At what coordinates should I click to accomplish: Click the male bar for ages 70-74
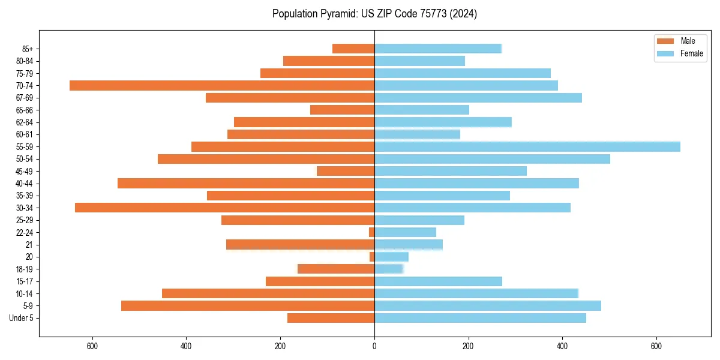[222, 86]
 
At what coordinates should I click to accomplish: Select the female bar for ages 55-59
[527, 147]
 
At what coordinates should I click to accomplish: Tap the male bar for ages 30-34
[224, 208]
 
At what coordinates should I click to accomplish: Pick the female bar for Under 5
[480, 318]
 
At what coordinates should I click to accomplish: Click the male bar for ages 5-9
[248, 306]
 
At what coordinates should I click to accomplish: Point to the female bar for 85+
[438, 49]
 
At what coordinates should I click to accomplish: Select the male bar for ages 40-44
[246, 184]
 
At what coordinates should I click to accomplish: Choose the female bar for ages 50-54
[492, 159]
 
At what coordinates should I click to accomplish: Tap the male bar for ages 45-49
[346, 172]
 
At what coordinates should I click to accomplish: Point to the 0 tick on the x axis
[374, 346]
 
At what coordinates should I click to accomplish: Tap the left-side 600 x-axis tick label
[92, 346]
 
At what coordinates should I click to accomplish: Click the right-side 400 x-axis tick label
[562, 346]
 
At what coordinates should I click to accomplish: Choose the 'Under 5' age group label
[21, 318]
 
